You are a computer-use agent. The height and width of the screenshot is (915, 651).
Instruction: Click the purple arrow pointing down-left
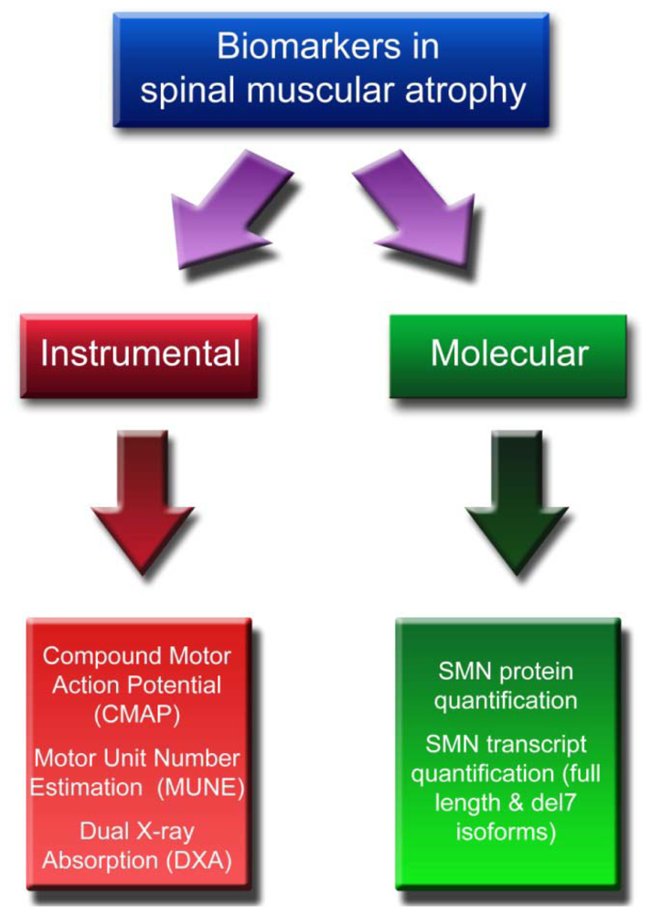pyautogui.click(x=229, y=210)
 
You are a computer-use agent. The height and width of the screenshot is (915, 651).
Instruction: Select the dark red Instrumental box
pyautogui.click(x=139, y=354)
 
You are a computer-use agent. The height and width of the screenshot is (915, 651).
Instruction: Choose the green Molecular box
pyautogui.click(x=508, y=354)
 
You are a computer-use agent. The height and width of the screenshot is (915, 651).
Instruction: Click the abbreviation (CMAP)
pyautogui.click(x=138, y=715)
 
